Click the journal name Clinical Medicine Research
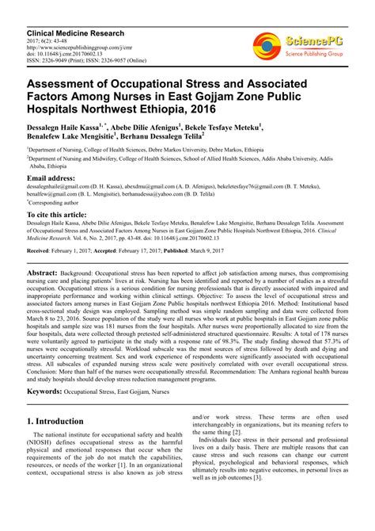pyautogui.click(x=76, y=35)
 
